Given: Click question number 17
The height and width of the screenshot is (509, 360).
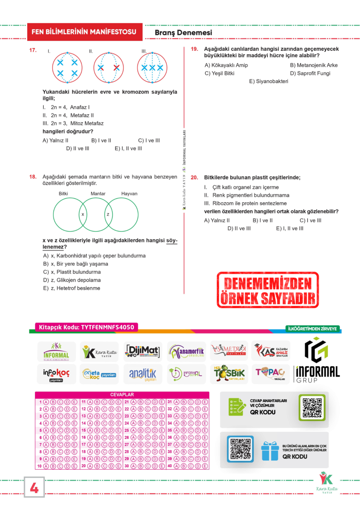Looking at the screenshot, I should (33, 50).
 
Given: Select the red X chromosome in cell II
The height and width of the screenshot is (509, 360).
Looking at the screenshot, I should (117, 68).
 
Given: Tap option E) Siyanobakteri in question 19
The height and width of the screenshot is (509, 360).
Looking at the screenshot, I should (268, 81).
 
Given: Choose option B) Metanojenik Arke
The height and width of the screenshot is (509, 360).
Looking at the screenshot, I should (314, 65).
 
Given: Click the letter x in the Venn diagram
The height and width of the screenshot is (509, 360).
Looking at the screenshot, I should (83, 214).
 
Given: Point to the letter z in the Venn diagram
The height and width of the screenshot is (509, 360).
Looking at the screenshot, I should (108, 214).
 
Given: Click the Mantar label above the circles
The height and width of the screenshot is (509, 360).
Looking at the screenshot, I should (98, 194).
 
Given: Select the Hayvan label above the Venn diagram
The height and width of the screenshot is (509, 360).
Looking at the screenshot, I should (129, 194).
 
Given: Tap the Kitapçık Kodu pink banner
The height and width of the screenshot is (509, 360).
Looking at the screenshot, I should (85, 327).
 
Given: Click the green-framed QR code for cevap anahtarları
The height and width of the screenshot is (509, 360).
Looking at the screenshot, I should (312, 406).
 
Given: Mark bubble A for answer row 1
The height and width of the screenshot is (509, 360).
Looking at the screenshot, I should (46, 402).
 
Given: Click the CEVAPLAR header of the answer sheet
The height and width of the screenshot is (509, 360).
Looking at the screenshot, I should (122, 395).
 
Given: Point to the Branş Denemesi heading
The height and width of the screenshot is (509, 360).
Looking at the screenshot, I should (183, 33).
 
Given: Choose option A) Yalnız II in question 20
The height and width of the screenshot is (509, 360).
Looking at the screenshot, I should (217, 220).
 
